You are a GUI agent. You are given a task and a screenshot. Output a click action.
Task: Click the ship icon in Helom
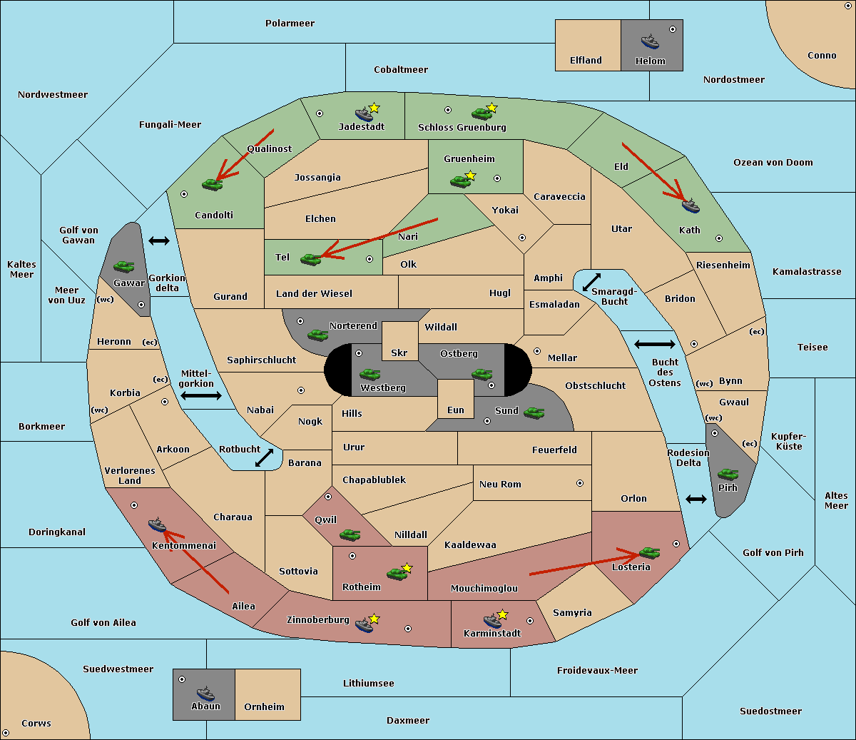650,41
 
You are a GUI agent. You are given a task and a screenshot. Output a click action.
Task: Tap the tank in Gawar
124,267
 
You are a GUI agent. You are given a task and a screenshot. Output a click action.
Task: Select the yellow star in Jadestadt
374,108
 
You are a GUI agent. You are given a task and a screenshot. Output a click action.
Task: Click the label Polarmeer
290,24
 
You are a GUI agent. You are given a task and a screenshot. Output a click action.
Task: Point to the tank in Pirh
728,474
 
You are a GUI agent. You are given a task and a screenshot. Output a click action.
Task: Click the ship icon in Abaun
205,693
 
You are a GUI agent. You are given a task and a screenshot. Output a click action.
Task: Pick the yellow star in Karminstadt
502,614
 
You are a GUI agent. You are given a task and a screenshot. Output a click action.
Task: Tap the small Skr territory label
399,353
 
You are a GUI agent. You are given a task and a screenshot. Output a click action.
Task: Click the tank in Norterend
317,335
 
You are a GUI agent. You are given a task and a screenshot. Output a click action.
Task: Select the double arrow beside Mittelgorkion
201,395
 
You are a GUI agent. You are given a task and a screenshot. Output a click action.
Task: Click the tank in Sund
534,412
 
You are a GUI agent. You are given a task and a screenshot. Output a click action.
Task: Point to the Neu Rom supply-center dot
580,483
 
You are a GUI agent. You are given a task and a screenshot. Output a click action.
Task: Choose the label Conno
822,55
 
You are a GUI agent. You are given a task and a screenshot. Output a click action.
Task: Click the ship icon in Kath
691,206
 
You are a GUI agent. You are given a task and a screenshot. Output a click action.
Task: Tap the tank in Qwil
350,534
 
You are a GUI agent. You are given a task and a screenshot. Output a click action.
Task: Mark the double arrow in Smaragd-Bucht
591,282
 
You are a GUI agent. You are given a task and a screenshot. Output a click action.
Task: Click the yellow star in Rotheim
407,568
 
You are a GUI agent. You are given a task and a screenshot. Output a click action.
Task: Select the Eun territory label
456,410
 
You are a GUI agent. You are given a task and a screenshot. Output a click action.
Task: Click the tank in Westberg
370,374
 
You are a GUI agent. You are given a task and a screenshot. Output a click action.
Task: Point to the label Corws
36,723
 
